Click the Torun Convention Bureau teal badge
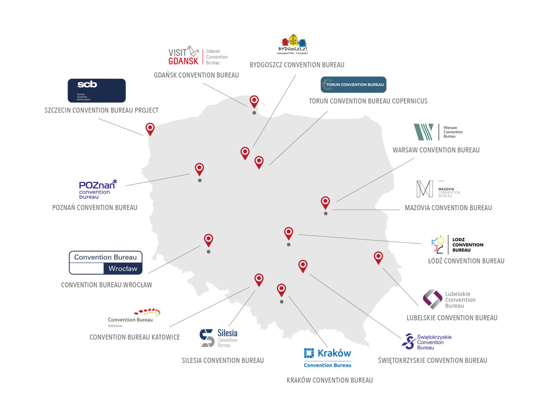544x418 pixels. (353, 84)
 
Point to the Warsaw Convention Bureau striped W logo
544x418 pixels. (423, 132)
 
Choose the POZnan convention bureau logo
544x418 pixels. (97, 189)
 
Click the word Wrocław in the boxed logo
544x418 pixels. (123, 268)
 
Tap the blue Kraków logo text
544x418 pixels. (334, 353)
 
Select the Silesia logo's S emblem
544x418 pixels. (207, 338)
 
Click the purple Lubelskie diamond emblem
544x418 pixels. (432, 299)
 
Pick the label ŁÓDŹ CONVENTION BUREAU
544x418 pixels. (466, 261)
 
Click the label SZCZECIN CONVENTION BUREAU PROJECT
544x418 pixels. (101, 110)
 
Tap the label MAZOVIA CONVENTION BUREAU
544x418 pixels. (448, 208)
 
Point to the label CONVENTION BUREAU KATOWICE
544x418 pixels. (135, 337)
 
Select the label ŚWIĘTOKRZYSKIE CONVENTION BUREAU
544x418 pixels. (432, 360)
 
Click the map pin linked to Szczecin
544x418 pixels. (150, 129)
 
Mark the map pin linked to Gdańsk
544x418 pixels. (254, 101)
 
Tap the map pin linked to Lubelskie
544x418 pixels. (378, 257)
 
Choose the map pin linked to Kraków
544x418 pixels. (281, 289)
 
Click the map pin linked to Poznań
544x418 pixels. (199, 169)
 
